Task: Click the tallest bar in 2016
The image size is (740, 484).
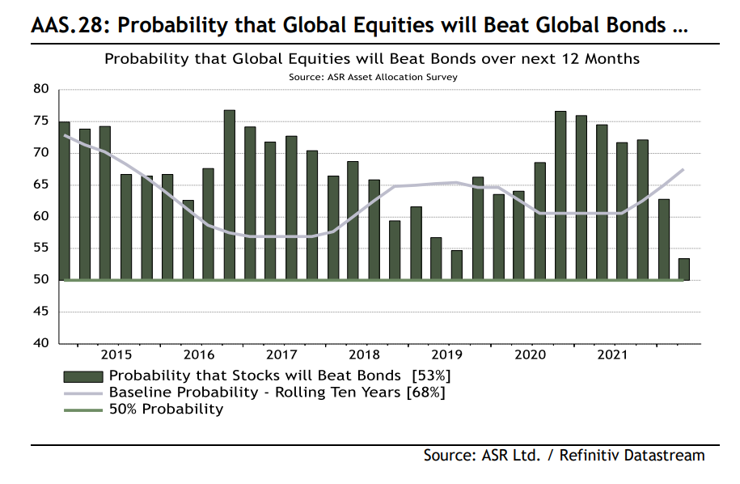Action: click(x=229, y=195)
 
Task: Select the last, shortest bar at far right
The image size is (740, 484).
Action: click(x=683, y=270)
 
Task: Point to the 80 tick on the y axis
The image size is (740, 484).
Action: click(x=40, y=89)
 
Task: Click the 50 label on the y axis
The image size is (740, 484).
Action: click(x=40, y=280)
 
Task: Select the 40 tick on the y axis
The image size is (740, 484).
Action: click(x=40, y=343)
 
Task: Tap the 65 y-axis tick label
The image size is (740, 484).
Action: click(x=40, y=185)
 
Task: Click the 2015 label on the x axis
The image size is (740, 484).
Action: click(x=116, y=355)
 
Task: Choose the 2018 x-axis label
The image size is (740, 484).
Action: click(x=364, y=355)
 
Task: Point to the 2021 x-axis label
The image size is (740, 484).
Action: click(x=611, y=355)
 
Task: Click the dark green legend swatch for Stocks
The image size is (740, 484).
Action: click(x=82, y=376)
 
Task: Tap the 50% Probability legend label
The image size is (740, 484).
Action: click(x=166, y=409)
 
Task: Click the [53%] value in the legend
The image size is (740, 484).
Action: click(x=430, y=375)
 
